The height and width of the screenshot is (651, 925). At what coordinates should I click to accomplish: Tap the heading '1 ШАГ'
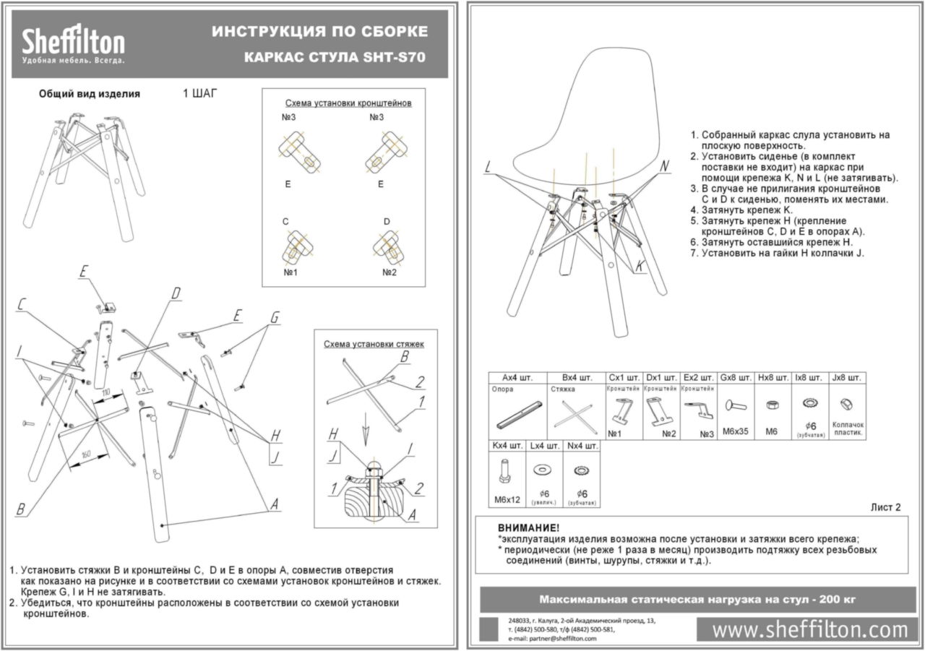(199, 93)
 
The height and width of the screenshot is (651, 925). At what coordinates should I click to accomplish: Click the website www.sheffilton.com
(809, 629)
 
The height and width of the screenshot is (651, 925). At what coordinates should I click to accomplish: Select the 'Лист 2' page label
(885, 507)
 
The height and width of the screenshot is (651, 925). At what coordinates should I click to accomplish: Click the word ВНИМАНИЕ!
(528, 528)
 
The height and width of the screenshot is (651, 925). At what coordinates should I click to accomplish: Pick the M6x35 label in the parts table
(736, 431)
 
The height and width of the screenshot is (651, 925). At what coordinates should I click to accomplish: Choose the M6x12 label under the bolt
(507, 499)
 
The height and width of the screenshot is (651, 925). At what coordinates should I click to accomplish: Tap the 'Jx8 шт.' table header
(847, 377)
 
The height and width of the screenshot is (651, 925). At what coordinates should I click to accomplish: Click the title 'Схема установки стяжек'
(374, 344)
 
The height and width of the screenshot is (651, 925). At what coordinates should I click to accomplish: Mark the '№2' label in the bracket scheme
(390, 272)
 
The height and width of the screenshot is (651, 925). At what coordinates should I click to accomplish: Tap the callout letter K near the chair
(640, 267)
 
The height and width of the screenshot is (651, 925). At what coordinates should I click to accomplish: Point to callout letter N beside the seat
(665, 165)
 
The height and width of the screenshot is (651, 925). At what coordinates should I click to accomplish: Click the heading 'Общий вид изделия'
(89, 94)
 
